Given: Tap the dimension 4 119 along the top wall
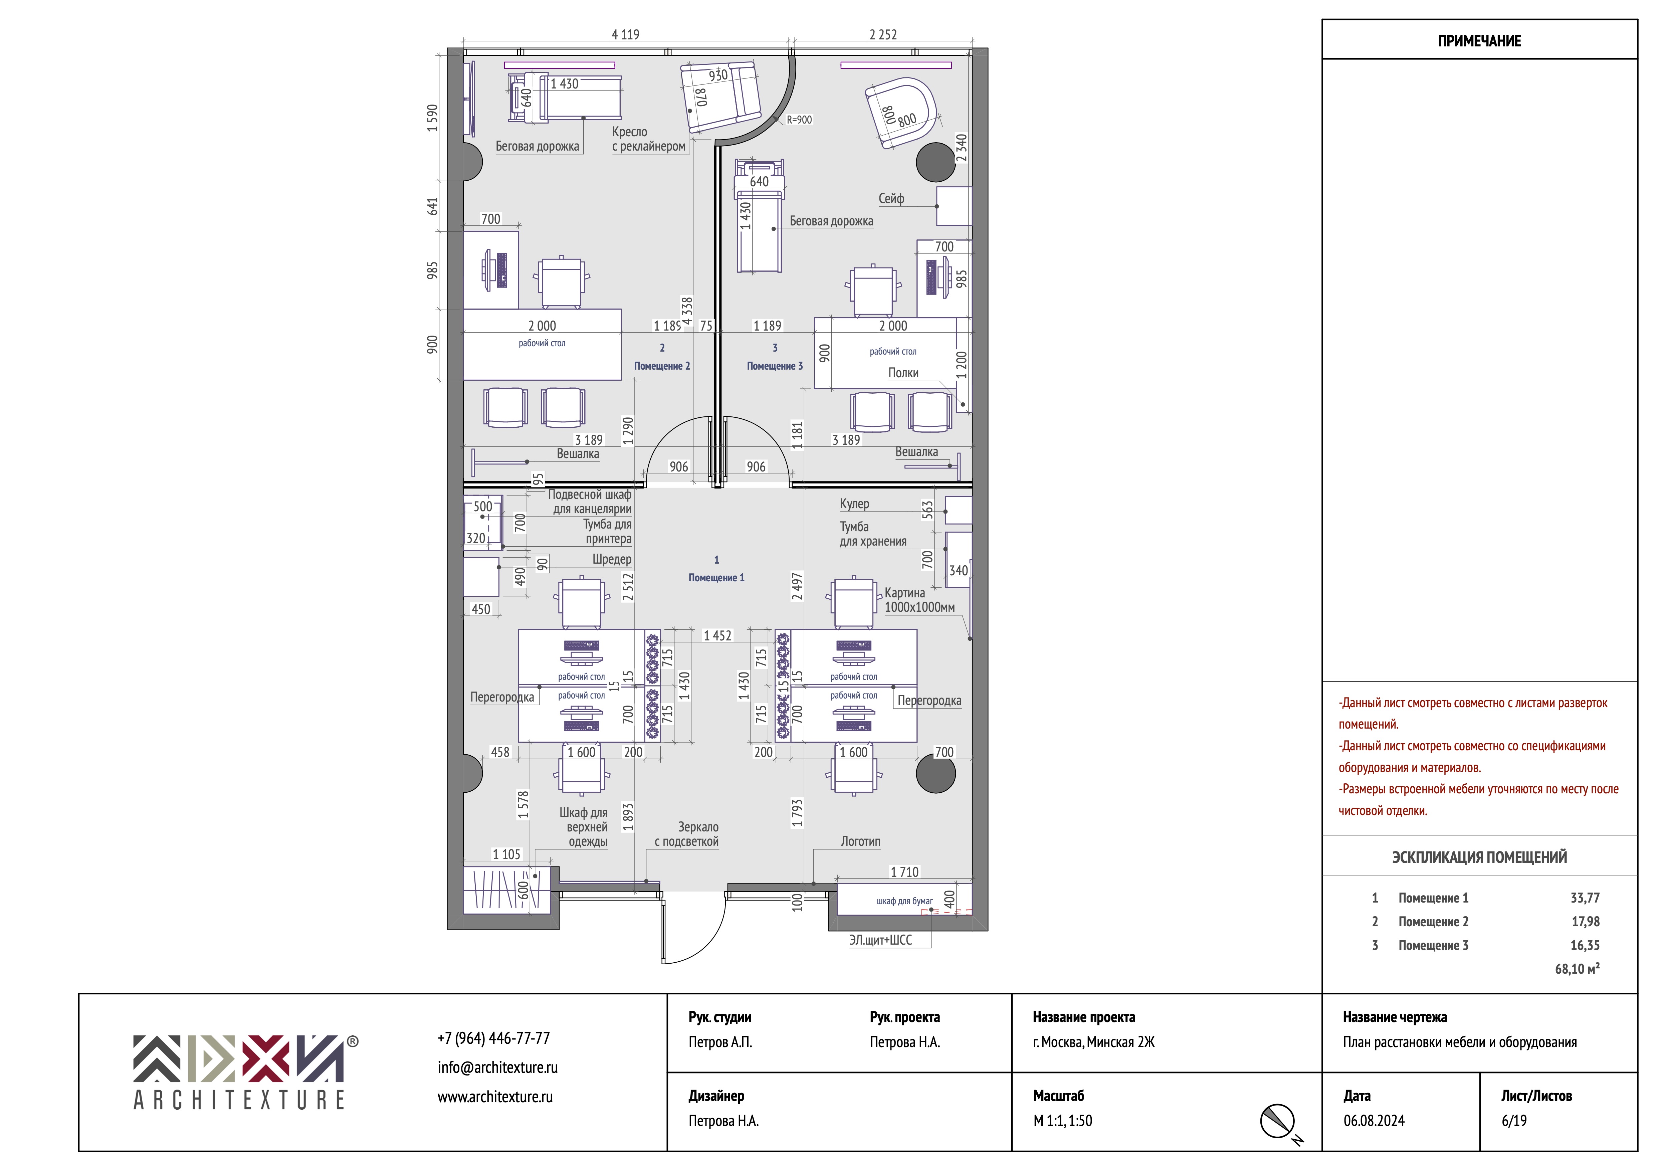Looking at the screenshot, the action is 625,35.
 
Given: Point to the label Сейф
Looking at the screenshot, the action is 891,198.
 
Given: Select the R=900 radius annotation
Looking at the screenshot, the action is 799,120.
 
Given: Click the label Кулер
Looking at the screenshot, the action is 855,504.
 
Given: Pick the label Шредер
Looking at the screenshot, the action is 612,559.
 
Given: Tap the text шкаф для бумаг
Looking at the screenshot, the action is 904,901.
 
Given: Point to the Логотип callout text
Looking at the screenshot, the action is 860,841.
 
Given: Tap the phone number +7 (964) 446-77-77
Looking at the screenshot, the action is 493,1038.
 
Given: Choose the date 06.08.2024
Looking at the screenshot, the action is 1374,1121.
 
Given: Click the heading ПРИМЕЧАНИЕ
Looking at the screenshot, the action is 1479,41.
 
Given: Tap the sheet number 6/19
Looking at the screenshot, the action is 1514,1121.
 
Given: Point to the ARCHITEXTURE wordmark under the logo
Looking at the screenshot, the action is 239,1100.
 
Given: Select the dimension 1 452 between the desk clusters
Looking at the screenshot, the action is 717,636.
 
